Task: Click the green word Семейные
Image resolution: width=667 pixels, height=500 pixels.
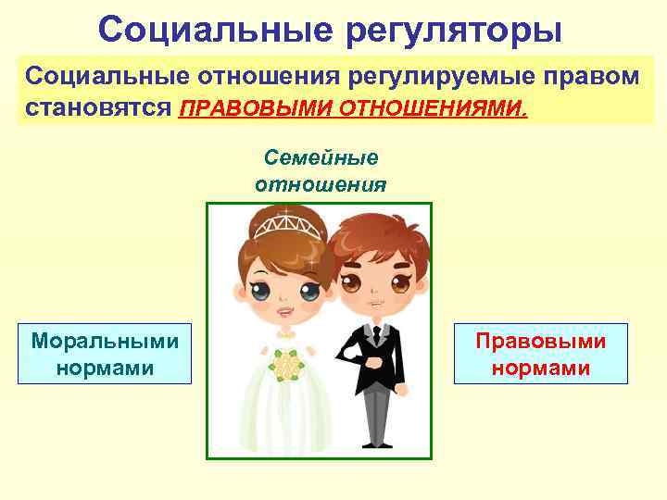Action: pyautogui.click(x=321, y=157)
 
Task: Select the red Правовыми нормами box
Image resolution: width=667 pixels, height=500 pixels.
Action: pyautogui.click(x=541, y=353)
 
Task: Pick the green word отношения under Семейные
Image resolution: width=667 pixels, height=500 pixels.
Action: pyautogui.click(x=321, y=183)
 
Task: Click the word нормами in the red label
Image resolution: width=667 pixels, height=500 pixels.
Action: pyautogui.click(x=541, y=368)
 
